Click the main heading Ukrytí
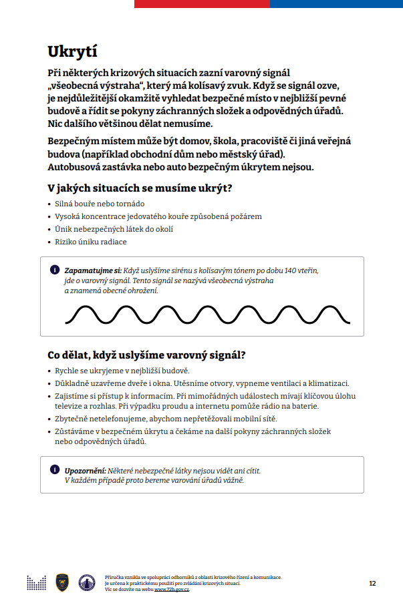click(x=74, y=51)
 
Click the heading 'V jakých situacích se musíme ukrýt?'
click(x=140, y=188)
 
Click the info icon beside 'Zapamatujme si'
click(x=54, y=270)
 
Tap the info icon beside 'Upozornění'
click(x=54, y=470)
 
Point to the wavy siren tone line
click(x=201, y=314)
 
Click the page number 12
click(x=372, y=583)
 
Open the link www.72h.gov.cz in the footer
click(x=172, y=590)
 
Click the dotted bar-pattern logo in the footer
click(x=36, y=582)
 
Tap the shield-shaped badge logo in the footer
click(x=61, y=582)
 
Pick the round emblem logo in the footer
click(x=86, y=582)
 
